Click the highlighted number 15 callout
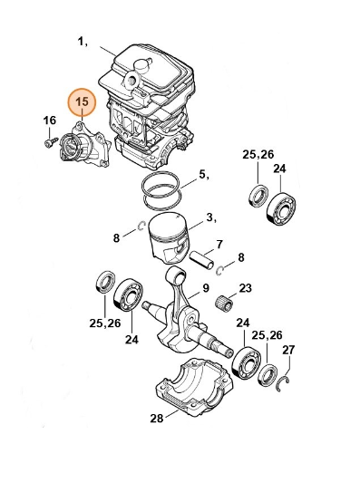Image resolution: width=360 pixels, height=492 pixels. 82,101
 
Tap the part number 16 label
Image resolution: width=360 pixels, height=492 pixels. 49,120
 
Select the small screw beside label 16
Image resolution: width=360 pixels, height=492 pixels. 50,142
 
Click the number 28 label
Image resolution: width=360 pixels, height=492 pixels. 157,418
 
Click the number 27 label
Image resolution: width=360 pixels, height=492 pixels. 288,350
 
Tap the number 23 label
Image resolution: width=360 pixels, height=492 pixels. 246,288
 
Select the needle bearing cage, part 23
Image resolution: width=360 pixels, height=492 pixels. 224,304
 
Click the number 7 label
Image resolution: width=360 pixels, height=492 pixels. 219,244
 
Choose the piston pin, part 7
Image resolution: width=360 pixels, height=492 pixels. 202,259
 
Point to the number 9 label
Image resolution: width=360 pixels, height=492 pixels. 206,288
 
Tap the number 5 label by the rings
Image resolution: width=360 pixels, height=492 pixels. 203,175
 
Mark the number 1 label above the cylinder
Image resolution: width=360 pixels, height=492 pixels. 82,42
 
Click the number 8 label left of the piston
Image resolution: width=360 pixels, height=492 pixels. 116,238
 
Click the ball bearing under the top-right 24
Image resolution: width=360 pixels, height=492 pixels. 282,209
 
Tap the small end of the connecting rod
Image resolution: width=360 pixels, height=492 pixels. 177,275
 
